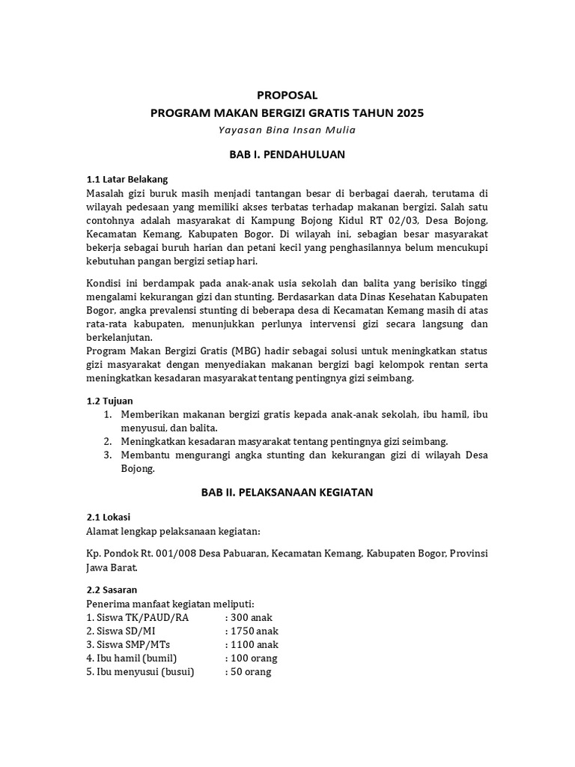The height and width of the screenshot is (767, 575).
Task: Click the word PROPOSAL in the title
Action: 287,95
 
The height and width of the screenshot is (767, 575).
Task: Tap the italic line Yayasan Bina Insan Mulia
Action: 287,130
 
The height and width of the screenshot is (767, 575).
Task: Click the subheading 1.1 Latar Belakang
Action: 127,179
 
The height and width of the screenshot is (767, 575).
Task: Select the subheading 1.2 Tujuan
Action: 110,401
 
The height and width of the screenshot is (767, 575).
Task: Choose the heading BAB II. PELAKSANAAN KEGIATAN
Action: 287,492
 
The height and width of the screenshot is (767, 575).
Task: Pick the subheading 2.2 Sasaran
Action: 112,589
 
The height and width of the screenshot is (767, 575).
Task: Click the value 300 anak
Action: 254,617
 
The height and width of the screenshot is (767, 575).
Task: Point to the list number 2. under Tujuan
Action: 108,441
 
